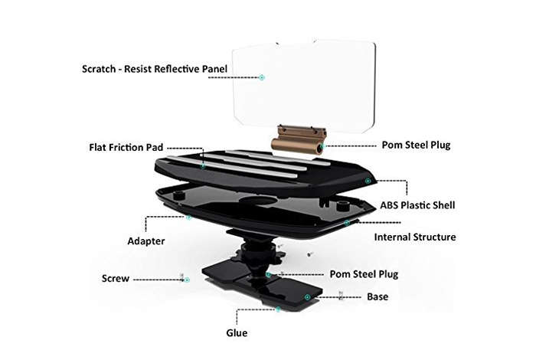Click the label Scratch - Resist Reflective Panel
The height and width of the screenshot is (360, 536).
[x=155, y=69]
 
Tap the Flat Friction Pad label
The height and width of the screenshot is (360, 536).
[x=126, y=147]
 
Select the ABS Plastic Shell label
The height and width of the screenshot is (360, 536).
[x=417, y=205]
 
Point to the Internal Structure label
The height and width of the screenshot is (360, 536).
[x=415, y=237]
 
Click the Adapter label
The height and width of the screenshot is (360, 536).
[x=146, y=241]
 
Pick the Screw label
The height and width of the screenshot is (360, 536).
[x=116, y=278]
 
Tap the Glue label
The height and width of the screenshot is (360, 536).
[x=237, y=332]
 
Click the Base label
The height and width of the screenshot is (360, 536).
[x=377, y=296]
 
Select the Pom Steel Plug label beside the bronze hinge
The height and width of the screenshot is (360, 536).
[x=416, y=145]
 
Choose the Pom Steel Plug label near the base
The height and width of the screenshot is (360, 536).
[x=364, y=274]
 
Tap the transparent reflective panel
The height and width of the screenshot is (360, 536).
[x=304, y=86]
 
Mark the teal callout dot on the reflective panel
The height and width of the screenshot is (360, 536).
[x=262, y=77]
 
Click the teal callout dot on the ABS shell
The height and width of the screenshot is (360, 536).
[x=368, y=181]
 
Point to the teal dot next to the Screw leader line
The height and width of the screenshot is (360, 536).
[x=187, y=280]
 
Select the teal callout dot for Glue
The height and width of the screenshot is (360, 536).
[x=278, y=309]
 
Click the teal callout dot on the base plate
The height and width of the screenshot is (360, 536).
[x=307, y=297]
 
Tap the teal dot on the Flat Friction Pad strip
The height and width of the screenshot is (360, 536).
[x=203, y=166]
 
